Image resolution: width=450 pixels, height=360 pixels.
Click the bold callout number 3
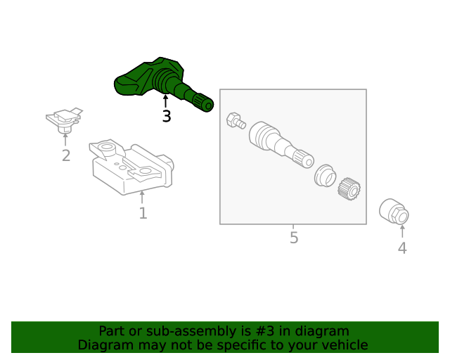click(x=167, y=116)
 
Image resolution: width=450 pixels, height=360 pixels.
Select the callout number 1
click(x=143, y=213)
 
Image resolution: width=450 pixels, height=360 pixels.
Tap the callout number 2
click(x=66, y=155)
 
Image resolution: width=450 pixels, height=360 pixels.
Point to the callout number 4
click(x=402, y=248)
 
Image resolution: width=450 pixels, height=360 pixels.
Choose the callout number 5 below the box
click(x=294, y=238)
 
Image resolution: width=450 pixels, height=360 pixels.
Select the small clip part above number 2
click(x=65, y=120)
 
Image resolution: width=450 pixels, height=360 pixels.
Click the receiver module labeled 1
click(x=132, y=167)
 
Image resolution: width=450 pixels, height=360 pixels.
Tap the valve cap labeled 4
click(x=394, y=212)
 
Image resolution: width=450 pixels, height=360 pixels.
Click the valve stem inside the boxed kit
click(x=281, y=144)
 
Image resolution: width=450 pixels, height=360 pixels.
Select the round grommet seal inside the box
click(x=325, y=175)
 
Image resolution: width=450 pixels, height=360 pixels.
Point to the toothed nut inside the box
click(x=349, y=188)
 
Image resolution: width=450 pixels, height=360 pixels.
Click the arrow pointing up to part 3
click(x=165, y=101)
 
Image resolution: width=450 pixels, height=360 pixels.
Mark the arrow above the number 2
click(x=65, y=140)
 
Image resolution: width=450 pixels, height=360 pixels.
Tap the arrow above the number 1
click(x=142, y=197)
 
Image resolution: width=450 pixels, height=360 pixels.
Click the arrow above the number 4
click(x=402, y=231)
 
